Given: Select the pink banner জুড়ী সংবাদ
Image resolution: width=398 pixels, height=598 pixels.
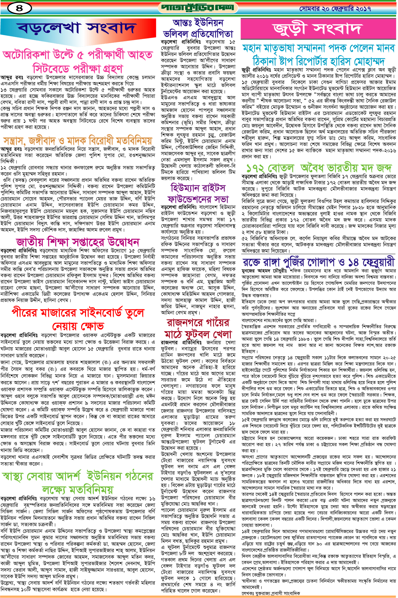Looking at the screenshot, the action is (317, 29).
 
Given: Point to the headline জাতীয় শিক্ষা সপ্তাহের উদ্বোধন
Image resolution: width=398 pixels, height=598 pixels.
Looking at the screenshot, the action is (78, 242).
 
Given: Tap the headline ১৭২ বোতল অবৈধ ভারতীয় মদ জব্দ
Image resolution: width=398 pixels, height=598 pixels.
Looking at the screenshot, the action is (319, 168).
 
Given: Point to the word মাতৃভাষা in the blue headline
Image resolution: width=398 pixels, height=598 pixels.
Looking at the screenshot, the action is (290, 48).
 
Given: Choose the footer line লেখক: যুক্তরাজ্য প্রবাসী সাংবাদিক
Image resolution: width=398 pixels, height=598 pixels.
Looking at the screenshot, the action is (271, 593).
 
